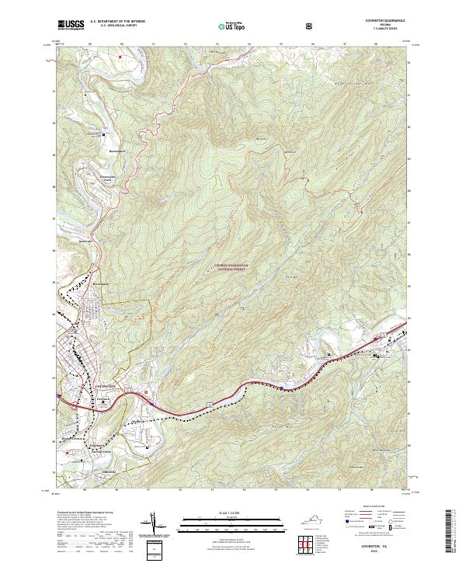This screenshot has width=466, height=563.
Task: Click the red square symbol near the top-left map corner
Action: [120, 56]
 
